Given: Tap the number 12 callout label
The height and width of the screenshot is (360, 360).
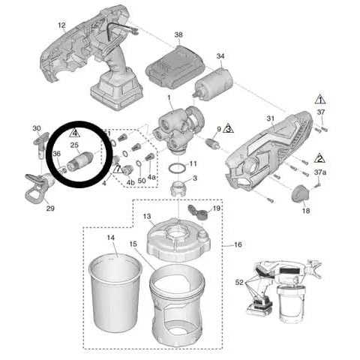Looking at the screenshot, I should pyautogui.click(x=62, y=25).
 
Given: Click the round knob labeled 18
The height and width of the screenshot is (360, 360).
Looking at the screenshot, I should pyautogui.click(x=301, y=193).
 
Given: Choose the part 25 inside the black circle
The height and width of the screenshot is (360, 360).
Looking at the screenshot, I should pyautogui.click(x=80, y=160).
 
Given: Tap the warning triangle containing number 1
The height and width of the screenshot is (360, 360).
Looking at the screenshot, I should pyautogui.click(x=319, y=100).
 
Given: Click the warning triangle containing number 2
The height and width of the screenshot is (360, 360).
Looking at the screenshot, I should pyautogui.click(x=319, y=158).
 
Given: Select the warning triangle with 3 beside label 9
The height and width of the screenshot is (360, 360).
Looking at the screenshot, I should pyautogui.click(x=228, y=130).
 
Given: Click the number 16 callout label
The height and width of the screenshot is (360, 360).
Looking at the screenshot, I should pyautogui.click(x=238, y=244).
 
